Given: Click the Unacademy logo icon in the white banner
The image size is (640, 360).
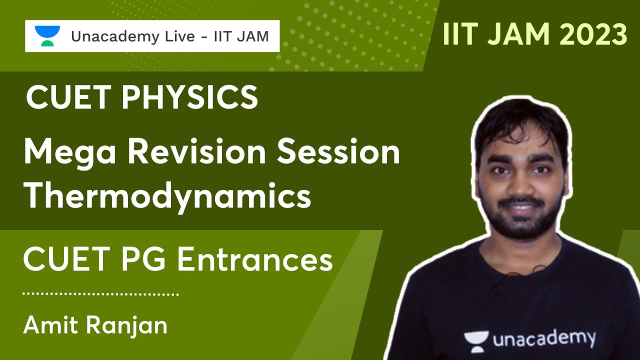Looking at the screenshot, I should (x=47, y=36).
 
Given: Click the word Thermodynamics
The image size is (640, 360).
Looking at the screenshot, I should (x=167, y=196).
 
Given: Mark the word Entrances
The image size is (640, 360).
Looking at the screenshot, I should (x=255, y=260).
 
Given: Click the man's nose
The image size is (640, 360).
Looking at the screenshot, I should (x=517, y=187).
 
